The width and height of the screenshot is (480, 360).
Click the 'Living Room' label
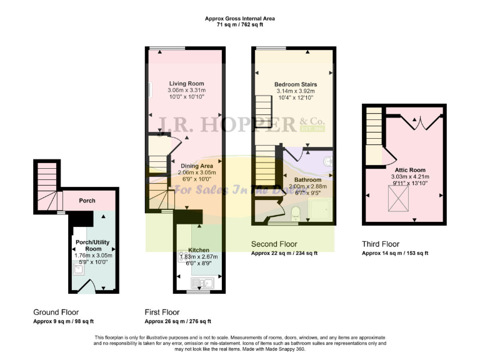tap(186, 84)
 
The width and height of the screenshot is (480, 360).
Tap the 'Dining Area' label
tap(197, 166)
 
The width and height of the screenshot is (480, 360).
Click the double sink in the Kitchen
tap(203, 283)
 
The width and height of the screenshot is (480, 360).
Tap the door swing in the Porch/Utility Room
tap(91, 285)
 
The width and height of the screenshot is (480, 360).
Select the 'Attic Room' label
tap(410, 169)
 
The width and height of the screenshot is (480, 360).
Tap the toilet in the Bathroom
tap(296, 213)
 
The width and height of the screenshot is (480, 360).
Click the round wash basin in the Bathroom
tap(327, 161)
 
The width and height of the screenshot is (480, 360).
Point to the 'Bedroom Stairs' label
tap(296, 84)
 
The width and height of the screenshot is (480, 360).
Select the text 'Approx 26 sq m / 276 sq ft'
tap(177, 321)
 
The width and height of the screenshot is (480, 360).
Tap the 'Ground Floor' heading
tap(56, 312)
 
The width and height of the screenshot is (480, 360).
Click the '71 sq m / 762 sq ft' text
tap(240, 26)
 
